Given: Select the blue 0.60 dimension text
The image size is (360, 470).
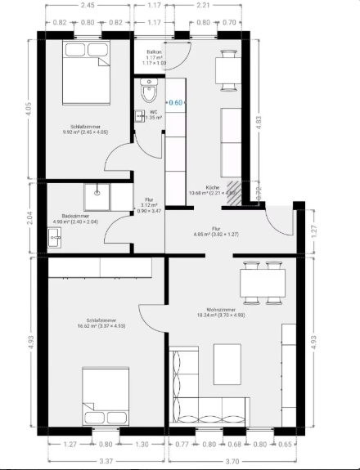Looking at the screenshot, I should point(175,103).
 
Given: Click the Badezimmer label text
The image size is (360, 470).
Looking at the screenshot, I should point(74,217).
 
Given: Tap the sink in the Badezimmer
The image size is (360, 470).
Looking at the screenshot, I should point(55,237).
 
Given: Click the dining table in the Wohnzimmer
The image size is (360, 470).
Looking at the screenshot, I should point(263,282).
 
